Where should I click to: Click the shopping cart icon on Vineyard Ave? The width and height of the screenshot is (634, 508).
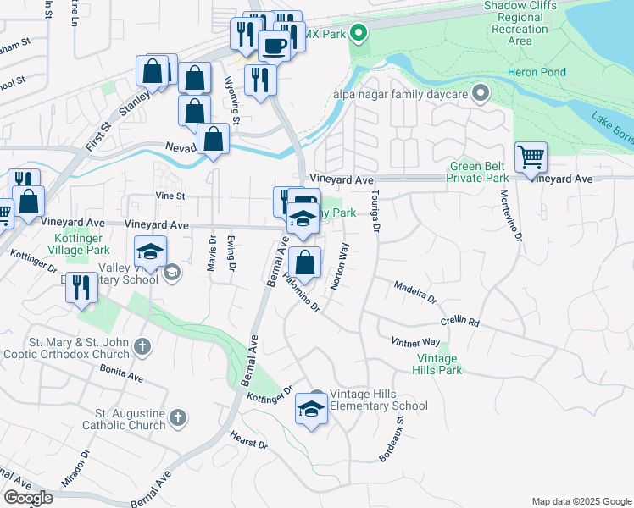point(531,157)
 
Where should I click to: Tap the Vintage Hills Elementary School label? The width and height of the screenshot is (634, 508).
point(378,400)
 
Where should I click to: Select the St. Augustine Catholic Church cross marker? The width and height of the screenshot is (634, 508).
point(177,417)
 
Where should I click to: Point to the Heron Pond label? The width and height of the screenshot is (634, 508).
point(537,72)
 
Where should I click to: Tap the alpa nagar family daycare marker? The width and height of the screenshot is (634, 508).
point(481,93)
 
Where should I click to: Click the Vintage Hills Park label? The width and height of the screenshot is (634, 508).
point(439,364)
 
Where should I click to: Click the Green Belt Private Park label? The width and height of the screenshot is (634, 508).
point(479,172)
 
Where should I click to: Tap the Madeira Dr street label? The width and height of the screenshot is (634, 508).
point(414,293)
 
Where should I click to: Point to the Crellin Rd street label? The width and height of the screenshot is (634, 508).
point(459,323)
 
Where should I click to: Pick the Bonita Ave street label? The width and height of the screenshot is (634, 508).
point(120,374)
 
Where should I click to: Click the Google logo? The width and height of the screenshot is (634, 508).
point(28,497)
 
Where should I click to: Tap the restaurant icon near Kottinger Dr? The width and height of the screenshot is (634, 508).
point(81,287)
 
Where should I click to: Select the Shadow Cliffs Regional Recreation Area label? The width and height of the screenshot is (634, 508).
point(520,23)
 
